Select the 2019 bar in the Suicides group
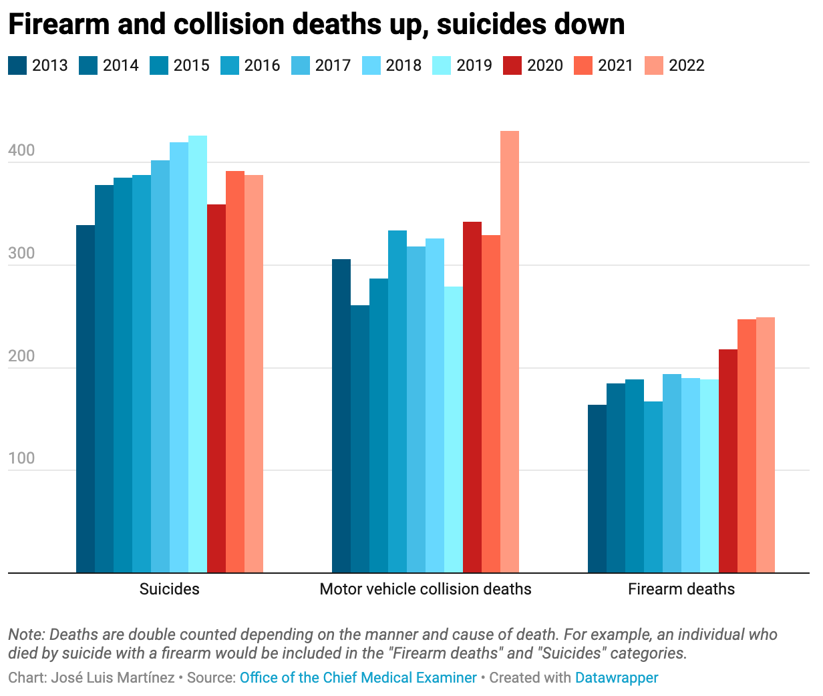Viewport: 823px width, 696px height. pyautogui.click(x=198, y=354)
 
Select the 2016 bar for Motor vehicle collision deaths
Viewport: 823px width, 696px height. pyautogui.click(x=397, y=401)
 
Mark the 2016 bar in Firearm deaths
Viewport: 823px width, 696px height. pyautogui.click(x=653, y=487)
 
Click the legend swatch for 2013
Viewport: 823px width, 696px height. pyautogui.click(x=17, y=65)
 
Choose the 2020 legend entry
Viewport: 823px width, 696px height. pyautogui.click(x=545, y=65)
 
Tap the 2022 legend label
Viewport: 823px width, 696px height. pyautogui.click(x=686, y=65)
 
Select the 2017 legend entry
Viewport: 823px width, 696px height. pyautogui.click(x=333, y=65)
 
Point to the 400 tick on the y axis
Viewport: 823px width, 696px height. pyautogui.click(x=21, y=151)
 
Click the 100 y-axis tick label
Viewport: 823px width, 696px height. pyautogui.click(x=21, y=459)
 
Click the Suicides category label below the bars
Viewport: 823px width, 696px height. pyautogui.click(x=169, y=589)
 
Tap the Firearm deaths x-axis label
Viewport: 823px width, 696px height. pyautogui.click(x=681, y=589)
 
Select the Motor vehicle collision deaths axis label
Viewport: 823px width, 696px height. pyautogui.click(x=426, y=589)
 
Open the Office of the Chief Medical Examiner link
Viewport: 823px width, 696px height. pyautogui.click(x=358, y=677)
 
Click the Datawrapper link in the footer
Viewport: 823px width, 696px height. pyautogui.click(x=617, y=677)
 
